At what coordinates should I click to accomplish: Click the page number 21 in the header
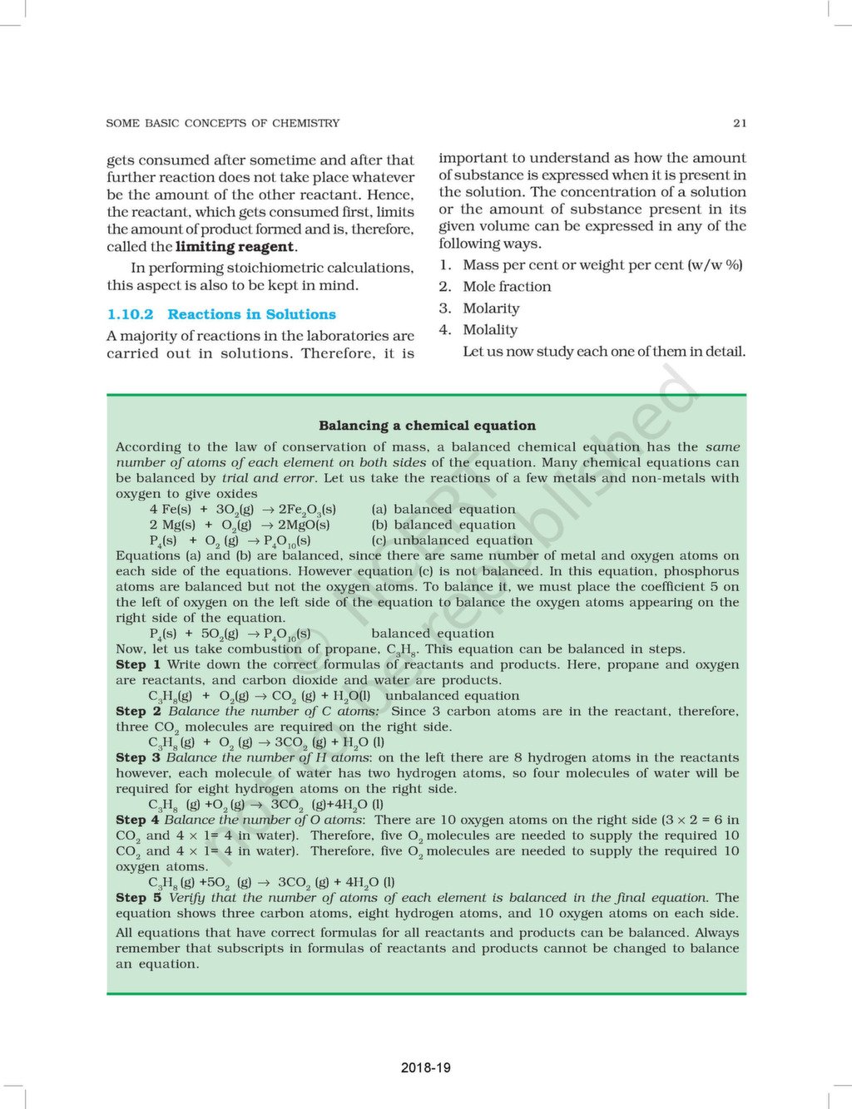740,123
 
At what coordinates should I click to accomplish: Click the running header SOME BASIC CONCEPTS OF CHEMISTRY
223,123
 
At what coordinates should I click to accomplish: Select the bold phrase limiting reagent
235,247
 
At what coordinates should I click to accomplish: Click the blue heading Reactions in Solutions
251,314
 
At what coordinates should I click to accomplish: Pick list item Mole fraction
507,287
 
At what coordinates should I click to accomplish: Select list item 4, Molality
490,330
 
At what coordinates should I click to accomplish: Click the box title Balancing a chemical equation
427,426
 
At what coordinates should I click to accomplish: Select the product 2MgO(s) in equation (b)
304,525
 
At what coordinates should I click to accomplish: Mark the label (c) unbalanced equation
452,540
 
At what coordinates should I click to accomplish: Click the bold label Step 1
138,665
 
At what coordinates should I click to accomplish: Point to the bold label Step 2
138,712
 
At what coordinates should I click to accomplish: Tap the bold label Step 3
138,758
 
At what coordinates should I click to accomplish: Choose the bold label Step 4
138,820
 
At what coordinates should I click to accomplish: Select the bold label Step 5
138,898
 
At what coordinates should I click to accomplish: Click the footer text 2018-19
425,1067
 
